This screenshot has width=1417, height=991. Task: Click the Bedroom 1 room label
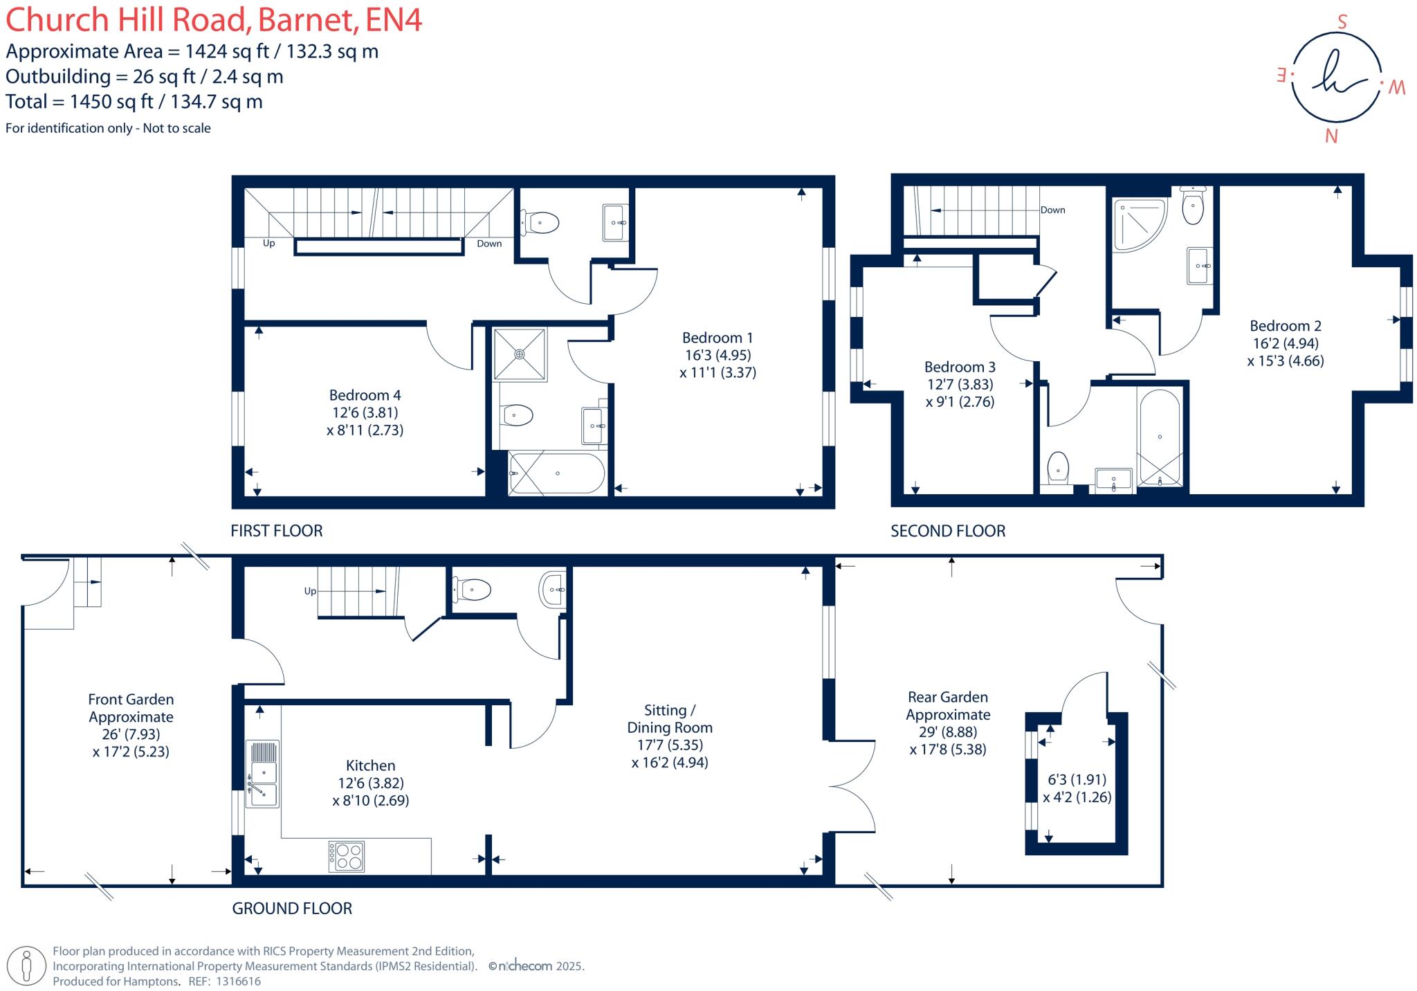coord(717,338)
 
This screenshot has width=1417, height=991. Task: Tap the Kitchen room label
coord(370,765)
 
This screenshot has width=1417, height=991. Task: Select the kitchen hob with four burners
coord(346,856)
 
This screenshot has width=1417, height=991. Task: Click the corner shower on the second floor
coord(1137,223)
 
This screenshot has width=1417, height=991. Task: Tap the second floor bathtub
coord(1159,438)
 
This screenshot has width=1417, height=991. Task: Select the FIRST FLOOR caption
coord(277,531)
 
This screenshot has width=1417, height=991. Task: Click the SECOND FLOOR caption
coord(947,531)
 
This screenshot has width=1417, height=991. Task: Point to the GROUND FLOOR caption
coord(292,908)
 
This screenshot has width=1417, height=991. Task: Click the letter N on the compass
coord(1331,136)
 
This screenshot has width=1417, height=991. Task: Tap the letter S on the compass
coord(1342,22)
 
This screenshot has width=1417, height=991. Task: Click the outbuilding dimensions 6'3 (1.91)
coord(1077,779)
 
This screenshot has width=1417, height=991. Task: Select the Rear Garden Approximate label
coord(948,706)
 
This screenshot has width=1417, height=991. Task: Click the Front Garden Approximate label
coord(131,708)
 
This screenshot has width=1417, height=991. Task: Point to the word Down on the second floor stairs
coord(1052,210)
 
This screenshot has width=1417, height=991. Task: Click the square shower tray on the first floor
coord(519,354)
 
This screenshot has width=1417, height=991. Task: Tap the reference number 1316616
coord(238,981)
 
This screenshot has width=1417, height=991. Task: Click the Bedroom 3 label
coord(960,367)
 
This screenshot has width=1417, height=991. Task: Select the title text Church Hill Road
coord(128,19)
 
